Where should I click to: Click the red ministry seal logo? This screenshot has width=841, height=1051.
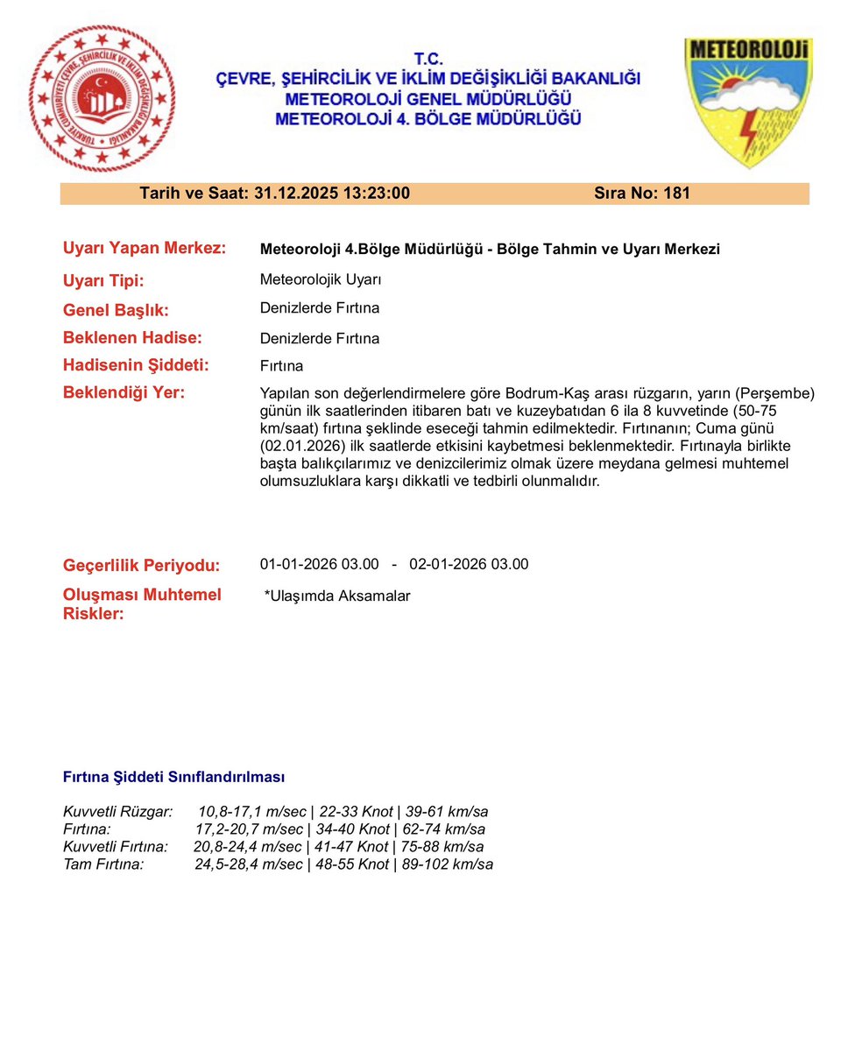click(102, 98)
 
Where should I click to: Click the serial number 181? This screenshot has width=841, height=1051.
click(677, 194)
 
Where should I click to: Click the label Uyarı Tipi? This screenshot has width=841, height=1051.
click(103, 281)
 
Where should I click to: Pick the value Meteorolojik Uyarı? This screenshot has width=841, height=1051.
click(321, 280)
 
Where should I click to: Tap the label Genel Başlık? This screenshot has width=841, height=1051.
click(116, 310)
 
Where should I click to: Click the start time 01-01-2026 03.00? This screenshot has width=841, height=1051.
click(320, 564)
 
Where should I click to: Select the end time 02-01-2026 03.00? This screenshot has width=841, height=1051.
click(469, 564)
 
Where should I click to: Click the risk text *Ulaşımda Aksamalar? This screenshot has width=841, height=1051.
click(337, 596)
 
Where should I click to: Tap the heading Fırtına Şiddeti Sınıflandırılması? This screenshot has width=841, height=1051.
click(173, 777)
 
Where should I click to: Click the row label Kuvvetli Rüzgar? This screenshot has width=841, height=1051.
click(118, 812)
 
